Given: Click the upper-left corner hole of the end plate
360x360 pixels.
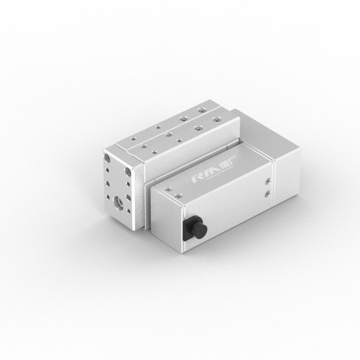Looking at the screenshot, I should click(107, 158).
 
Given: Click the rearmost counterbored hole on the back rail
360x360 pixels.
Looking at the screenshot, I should click(201, 110).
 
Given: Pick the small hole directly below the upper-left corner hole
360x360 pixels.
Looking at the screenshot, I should click(108, 170).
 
